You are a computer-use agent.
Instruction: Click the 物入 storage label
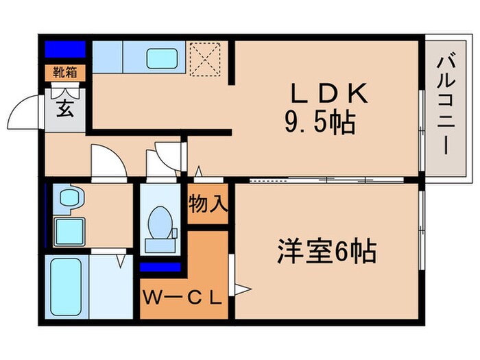208,204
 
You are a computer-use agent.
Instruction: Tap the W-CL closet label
182,297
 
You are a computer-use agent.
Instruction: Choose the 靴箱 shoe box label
65,71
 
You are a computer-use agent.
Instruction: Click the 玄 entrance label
64,109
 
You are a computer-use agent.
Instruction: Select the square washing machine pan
68,229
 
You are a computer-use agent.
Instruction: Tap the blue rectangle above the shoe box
65,50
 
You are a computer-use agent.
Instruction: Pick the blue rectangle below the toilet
160,267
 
